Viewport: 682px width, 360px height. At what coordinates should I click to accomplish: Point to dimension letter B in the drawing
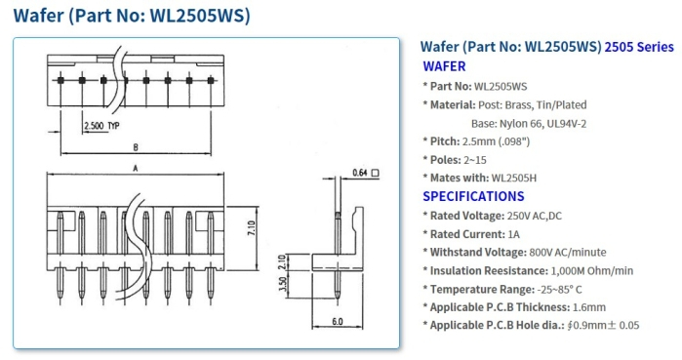coord(136,147)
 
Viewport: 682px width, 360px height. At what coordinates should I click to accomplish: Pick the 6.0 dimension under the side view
coord(338,321)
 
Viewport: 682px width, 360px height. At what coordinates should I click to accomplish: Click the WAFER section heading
coord(444,66)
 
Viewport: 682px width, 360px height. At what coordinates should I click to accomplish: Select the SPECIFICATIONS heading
coord(473,196)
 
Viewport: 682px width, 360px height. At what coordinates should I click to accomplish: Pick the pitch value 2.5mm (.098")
coord(509,141)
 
